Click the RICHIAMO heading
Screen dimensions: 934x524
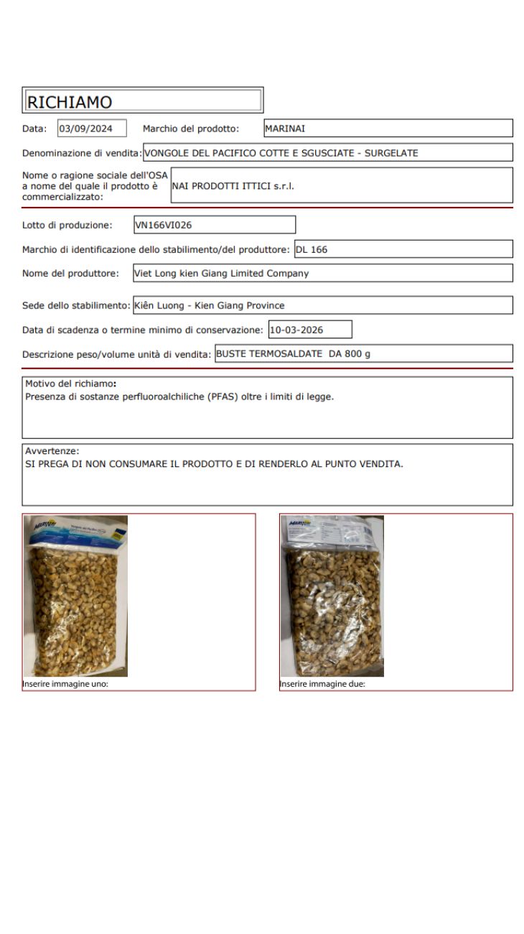tap(70, 102)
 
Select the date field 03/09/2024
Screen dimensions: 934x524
tap(90, 129)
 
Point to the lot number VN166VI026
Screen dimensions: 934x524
tap(164, 225)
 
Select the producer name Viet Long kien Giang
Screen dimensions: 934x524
tap(222, 273)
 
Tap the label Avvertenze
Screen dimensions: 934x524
tap(52, 450)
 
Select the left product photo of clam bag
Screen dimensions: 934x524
tap(75, 596)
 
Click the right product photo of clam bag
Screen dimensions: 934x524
tap(332, 596)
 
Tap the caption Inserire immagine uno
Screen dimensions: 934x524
tap(65, 684)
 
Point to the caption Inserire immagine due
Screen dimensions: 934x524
tap(322, 684)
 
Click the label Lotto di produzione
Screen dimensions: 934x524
tap(67, 225)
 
